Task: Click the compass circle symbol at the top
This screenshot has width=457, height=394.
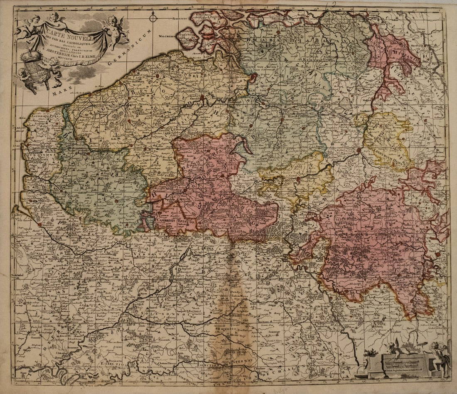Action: click(153, 18)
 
